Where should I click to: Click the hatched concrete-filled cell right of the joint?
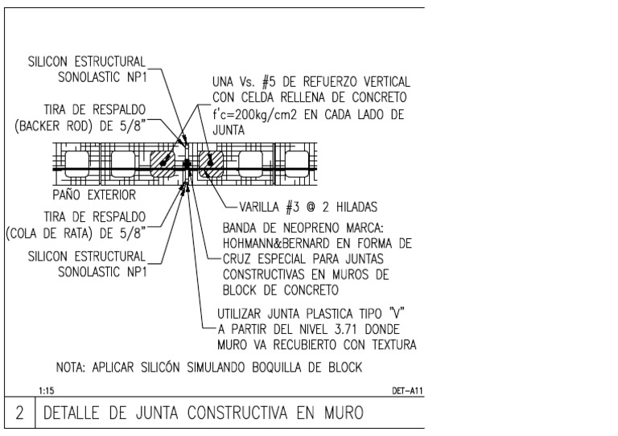pos(211,164)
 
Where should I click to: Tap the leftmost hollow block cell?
pos(79,164)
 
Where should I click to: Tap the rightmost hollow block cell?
pos(294,164)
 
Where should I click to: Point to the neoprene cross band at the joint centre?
pos(187,164)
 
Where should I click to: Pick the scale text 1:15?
pos(46,391)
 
